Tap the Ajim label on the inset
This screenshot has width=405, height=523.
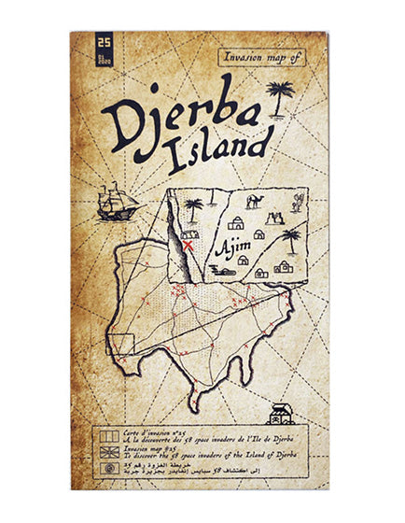pos(230,249)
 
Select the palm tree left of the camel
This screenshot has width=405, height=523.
pos(194,207)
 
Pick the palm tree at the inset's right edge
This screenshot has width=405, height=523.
pos(292,239)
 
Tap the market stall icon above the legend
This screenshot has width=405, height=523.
pos(279,414)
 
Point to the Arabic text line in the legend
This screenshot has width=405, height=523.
pos(205,468)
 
